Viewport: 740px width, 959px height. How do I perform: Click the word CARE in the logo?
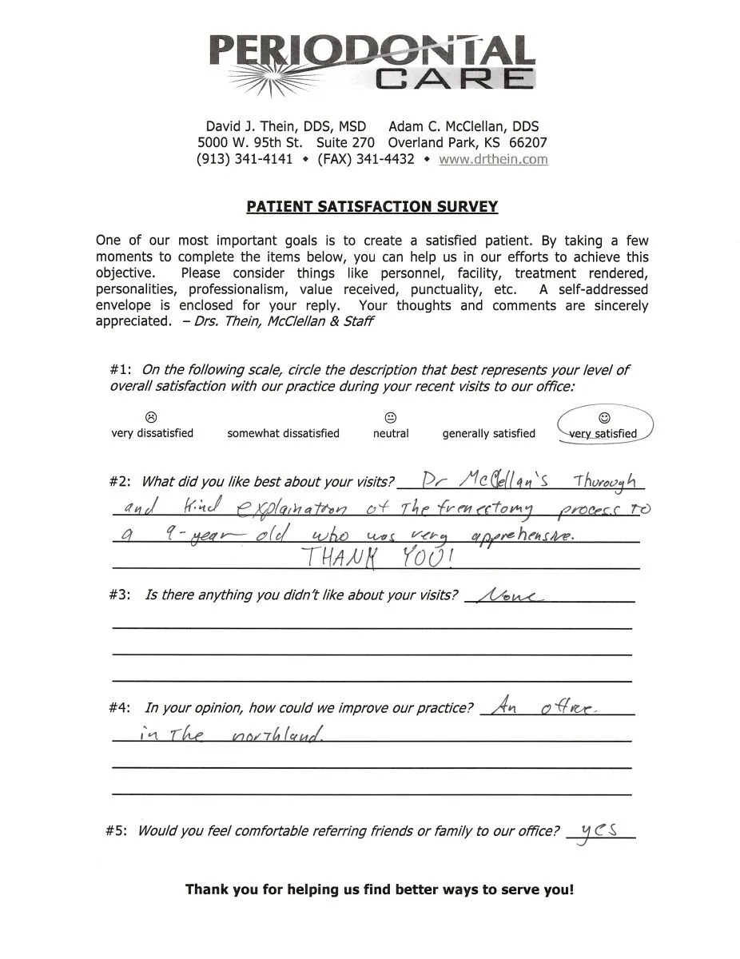[453, 78]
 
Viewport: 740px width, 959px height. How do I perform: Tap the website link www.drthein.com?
[493, 159]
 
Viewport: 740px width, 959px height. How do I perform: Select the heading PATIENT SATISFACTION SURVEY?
[372, 207]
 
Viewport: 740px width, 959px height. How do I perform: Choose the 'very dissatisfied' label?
[152, 433]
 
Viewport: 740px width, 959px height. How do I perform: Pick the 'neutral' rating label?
[391, 433]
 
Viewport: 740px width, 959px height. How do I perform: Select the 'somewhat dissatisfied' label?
[283, 433]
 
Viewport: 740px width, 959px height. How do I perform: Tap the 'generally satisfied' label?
[488, 433]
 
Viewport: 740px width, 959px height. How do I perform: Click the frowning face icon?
[151, 417]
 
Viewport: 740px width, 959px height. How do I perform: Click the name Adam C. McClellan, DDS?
[463, 126]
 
